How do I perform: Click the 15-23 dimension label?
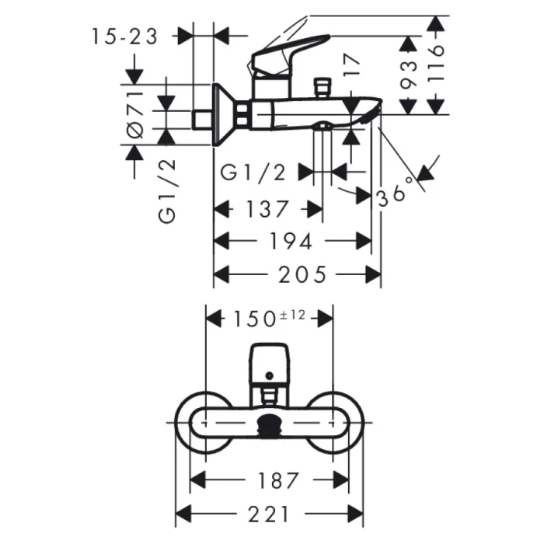[x=124, y=36]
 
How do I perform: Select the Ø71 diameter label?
[x=135, y=114]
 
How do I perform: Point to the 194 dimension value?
[x=291, y=242]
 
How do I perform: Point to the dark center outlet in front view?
[x=270, y=426]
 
